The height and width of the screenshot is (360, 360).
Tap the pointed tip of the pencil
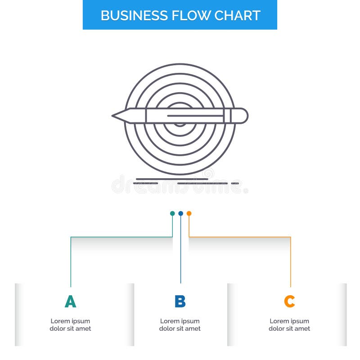pos(114,116)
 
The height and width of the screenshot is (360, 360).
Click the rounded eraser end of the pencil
pos(243,116)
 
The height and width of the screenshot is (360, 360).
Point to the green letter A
pos(70,301)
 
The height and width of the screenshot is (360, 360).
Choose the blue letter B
pos(180,301)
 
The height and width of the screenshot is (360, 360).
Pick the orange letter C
pos(289,301)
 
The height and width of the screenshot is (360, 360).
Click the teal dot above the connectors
pos(172,213)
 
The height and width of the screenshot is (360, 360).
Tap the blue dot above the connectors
pos(180,213)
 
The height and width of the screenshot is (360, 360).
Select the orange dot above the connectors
pos(189,213)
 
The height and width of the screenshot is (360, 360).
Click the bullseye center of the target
pos(180,121)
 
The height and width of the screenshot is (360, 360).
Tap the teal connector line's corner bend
pos(71,237)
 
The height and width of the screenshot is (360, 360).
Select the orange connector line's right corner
pos(290,237)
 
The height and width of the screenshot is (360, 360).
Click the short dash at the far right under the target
pos(235,184)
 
